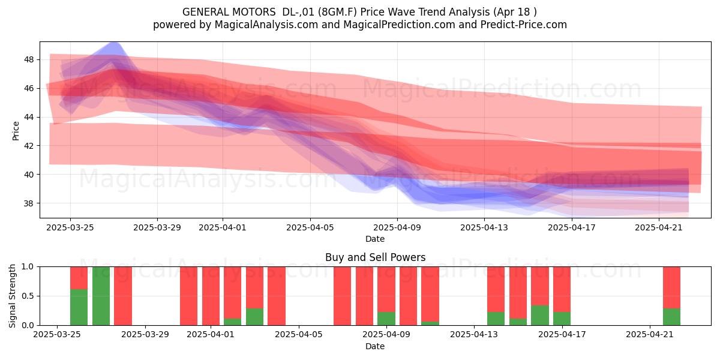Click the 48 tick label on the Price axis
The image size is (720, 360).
coord(29,59)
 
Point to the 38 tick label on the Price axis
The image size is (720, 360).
coord(29,203)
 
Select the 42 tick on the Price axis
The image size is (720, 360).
coord(29,146)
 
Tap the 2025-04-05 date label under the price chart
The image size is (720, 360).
coord(310,227)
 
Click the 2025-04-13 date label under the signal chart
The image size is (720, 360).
coord(474,334)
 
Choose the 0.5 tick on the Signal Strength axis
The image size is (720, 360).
coord(28,296)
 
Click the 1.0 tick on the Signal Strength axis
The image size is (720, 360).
coord(28,266)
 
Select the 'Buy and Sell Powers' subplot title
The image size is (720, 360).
coord(375,257)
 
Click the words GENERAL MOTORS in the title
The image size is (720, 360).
coord(229,12)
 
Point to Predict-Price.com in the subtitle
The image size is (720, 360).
coord(524,25)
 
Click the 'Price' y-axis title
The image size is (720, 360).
coord(16,131)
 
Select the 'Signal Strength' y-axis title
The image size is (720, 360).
coord(12,296)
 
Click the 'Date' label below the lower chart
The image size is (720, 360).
coord(375,346)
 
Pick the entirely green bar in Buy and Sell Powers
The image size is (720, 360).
coord(101,296)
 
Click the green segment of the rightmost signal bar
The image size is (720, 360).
coord(671,317)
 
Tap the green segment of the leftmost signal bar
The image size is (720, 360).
coord(79,307)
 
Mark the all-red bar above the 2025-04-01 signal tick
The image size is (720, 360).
coord(211,296)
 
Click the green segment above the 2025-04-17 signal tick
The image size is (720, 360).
coord(562,319)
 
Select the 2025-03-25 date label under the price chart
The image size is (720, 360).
coord(70,227)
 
